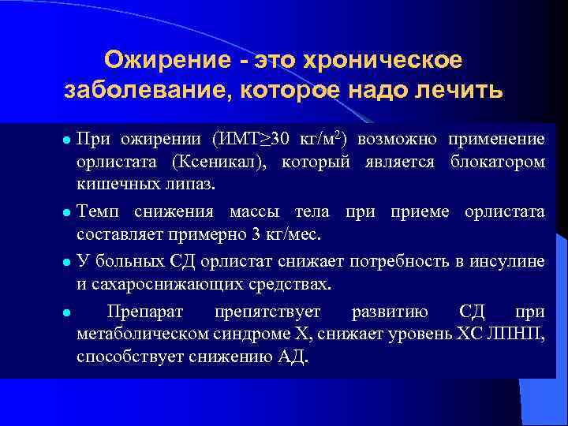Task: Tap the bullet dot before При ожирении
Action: click(x=67, y=141)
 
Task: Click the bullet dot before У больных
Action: click(x=67, y=262)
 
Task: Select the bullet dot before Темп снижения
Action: click(x=67, y=213)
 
